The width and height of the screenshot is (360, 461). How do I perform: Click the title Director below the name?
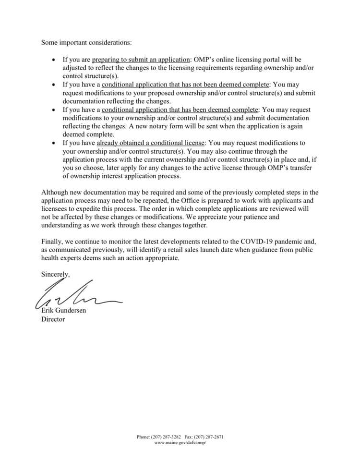(x=53, y=319)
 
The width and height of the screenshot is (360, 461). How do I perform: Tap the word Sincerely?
(x=55, y=274)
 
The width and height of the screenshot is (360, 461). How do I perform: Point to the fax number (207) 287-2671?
(x=209, y=437)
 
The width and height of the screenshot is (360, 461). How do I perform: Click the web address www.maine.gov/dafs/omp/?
(x=180, y=443)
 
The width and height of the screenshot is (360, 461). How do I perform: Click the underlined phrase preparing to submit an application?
(x=141, y=60)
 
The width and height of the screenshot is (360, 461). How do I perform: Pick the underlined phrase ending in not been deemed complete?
(x=186, y=85)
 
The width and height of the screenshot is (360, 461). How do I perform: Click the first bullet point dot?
(x=53, y=60)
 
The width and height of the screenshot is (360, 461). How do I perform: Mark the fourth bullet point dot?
(x=53, y=143)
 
